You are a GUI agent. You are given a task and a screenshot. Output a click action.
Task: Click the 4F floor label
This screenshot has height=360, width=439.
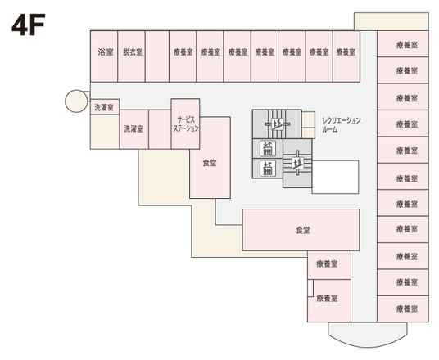(27, 25)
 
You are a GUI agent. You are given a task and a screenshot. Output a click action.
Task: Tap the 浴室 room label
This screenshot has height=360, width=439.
(103, 52)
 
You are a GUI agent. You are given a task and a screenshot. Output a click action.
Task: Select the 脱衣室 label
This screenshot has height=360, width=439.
(131, 52)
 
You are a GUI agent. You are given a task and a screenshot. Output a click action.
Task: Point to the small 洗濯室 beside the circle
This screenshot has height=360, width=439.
(103, 107)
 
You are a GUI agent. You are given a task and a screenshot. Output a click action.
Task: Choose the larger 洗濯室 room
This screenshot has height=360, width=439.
(134, 128)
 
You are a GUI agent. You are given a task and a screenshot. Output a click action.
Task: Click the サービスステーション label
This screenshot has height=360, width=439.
(186, 124)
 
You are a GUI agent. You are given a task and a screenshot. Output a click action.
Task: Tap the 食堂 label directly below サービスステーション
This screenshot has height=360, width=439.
(210, 163)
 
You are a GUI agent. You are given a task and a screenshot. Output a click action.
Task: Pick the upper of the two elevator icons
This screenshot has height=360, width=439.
(267, 148)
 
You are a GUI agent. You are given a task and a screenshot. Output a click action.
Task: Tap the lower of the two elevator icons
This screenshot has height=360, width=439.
(267, 169)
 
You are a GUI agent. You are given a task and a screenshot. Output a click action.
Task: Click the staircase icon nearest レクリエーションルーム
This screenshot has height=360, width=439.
(278, 124)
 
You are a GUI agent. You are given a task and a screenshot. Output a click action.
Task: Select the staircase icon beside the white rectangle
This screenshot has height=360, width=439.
(295, 162)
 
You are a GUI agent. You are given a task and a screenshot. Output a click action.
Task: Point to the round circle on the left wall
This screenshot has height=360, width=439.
(75, 102)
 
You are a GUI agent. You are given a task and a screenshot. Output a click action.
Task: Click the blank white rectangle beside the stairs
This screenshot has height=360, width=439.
(335, 175)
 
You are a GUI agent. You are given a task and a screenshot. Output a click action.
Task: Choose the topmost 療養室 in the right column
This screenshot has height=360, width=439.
(401, 47)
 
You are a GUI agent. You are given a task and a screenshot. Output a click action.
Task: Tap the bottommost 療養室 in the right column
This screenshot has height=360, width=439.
(401, 309)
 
